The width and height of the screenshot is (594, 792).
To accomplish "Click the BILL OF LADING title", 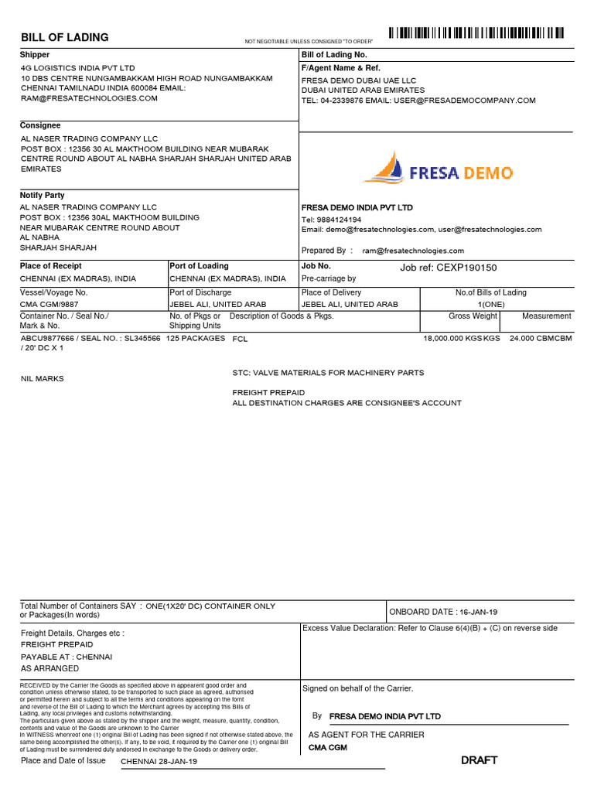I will pos(65,38).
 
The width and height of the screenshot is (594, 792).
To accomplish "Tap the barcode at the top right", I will pos(476,33).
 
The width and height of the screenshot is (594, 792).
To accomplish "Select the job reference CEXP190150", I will pos(448,268).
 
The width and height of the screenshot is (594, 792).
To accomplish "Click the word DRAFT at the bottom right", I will pos(480,760).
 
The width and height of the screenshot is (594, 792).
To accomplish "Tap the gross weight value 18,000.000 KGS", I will pos(461,339).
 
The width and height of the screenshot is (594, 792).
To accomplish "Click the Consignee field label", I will pos(40,125).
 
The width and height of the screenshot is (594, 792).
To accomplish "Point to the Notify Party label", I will pos(43,196).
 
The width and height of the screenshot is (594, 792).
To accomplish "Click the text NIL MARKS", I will pos(43,379).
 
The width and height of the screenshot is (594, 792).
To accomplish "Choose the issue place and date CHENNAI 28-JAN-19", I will pos(159,762).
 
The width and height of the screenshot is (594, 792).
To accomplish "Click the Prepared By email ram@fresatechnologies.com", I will pos(413,251).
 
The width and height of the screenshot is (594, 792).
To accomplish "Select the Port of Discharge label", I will pos(200,292).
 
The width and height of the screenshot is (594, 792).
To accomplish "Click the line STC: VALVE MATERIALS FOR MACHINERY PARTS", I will pos(328,373).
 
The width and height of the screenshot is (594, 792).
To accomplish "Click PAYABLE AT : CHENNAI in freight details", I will pos(67,656).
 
